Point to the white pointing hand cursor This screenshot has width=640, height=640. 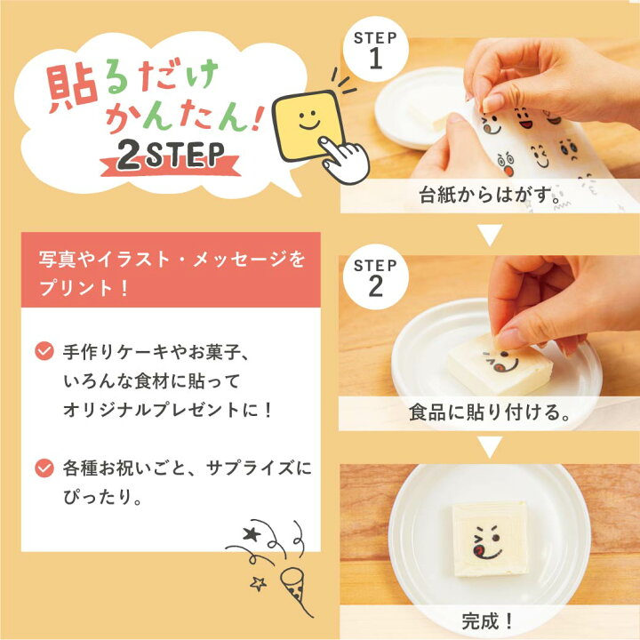tap(346, 160)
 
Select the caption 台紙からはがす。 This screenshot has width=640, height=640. tap(490, 196)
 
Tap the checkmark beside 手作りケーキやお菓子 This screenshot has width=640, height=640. tap(43, 352)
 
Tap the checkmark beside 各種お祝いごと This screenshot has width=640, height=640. tap(43, 466)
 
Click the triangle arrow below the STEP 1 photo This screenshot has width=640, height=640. tap(490, 236)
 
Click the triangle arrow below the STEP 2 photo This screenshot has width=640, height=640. tap(490, 447)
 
